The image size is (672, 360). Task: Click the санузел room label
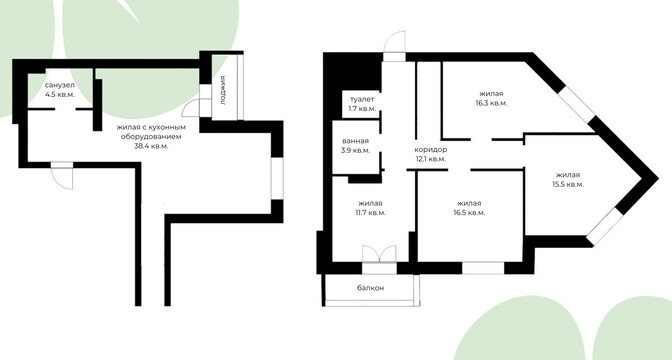click(x=60, y=86)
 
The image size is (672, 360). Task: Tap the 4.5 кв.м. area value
click(x=60, y=95)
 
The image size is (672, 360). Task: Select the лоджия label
click(x=223, y=90)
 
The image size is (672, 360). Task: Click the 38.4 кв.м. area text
click(x=151, y=146)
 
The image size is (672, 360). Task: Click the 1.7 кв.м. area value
click(x=362, y=109)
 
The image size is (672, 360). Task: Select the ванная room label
click(x=355, y=141)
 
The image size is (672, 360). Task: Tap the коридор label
click(x=430, y=150)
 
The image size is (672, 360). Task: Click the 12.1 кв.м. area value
click(x=430, y=159)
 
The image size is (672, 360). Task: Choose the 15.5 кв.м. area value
click(x=568, y=185)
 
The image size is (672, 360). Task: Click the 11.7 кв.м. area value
click(x=370, y=213)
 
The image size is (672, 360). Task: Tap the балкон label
click(x=370, y=288)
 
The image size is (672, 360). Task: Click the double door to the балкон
click(x=379, y=254)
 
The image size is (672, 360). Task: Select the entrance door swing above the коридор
click(x=394, y=42)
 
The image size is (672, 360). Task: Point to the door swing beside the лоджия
click(x=191, y=109)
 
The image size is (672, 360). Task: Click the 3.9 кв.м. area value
click(x=355, y=150)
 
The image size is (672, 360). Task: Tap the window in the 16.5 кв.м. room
click(x=483, y=268)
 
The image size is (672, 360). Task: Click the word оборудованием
click(x=151, y=137)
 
